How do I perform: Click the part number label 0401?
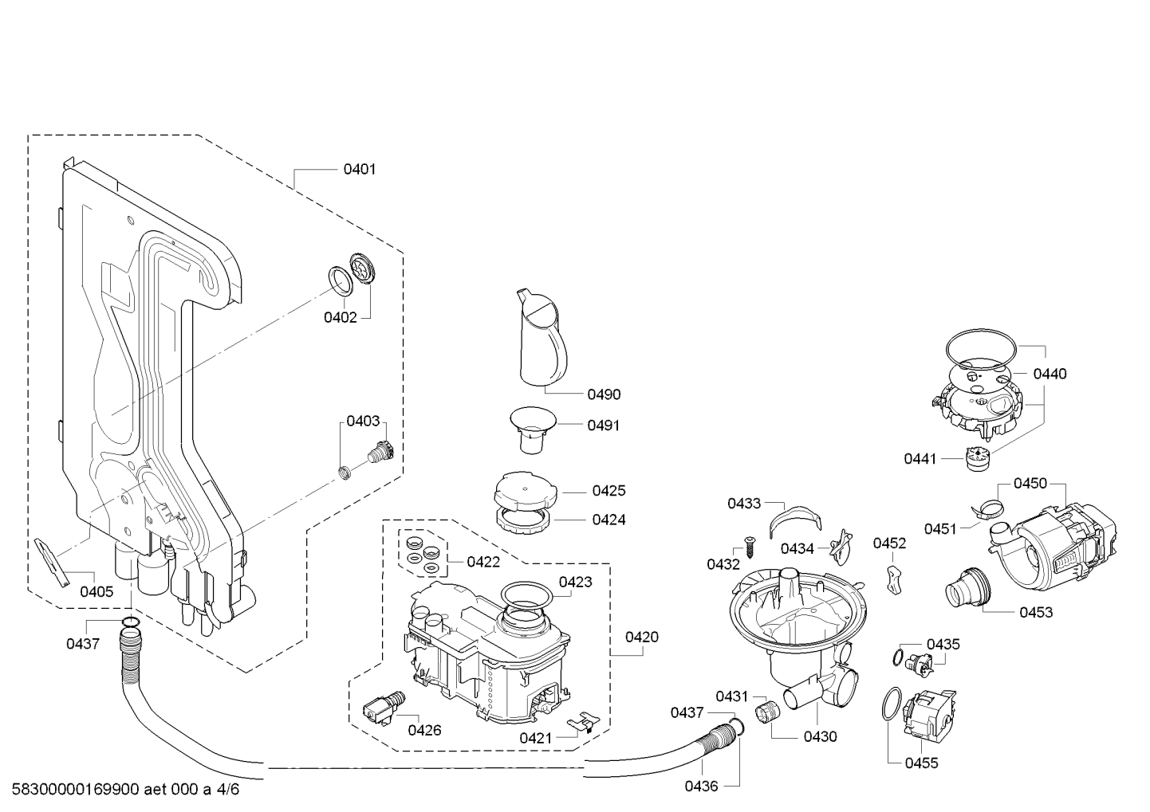point(360,169)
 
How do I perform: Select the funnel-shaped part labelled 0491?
point(533,430)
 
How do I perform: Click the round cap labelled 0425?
point(526,491)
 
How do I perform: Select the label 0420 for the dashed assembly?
point(642,637)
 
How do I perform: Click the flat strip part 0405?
point(53,563)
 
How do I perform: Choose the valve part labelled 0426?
point(384,708)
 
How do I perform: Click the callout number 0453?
point(1036,613)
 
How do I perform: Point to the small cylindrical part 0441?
point(976,459)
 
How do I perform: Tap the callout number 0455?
point(922,763)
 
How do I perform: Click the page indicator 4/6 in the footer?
point(228,789)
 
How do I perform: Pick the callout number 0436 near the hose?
point(701,787)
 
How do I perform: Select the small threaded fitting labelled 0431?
point(767,712)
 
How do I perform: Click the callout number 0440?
point(1050,374)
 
